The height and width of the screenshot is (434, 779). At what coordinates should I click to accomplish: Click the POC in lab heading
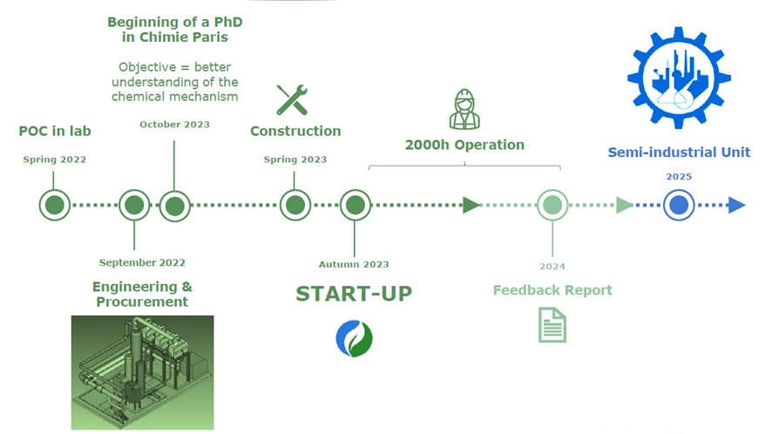point(55,132)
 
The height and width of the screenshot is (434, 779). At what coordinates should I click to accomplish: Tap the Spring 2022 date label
point(55,159)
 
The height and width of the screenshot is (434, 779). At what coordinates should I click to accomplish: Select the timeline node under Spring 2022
point(55,206)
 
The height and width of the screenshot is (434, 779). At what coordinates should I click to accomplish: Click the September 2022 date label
point(142,262)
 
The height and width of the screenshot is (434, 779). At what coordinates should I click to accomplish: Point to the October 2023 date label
point(174,125)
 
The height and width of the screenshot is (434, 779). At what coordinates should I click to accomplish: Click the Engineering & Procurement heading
point(142,294)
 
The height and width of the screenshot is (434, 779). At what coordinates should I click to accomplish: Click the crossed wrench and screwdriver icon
point(292,99)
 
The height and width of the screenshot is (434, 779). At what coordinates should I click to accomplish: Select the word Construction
point(295,132)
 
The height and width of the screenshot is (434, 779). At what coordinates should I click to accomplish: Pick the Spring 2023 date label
point(295,159)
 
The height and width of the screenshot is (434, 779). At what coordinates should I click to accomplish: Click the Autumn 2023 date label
point(354,264)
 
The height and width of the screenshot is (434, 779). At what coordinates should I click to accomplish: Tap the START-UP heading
point(354,294)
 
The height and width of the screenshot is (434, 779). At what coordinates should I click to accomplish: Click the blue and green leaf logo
point(354,338)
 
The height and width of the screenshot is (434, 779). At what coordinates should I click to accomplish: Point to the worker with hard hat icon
point(464,109)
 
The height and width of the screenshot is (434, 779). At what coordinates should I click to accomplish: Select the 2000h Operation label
point(464,145)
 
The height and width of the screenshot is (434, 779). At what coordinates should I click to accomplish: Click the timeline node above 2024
point(551,206)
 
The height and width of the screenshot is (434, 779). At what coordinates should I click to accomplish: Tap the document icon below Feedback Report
point(552,325)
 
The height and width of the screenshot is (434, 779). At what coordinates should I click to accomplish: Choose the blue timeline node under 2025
point(679,206)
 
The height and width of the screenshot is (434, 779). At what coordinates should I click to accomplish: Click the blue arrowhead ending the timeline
point(736,206)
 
